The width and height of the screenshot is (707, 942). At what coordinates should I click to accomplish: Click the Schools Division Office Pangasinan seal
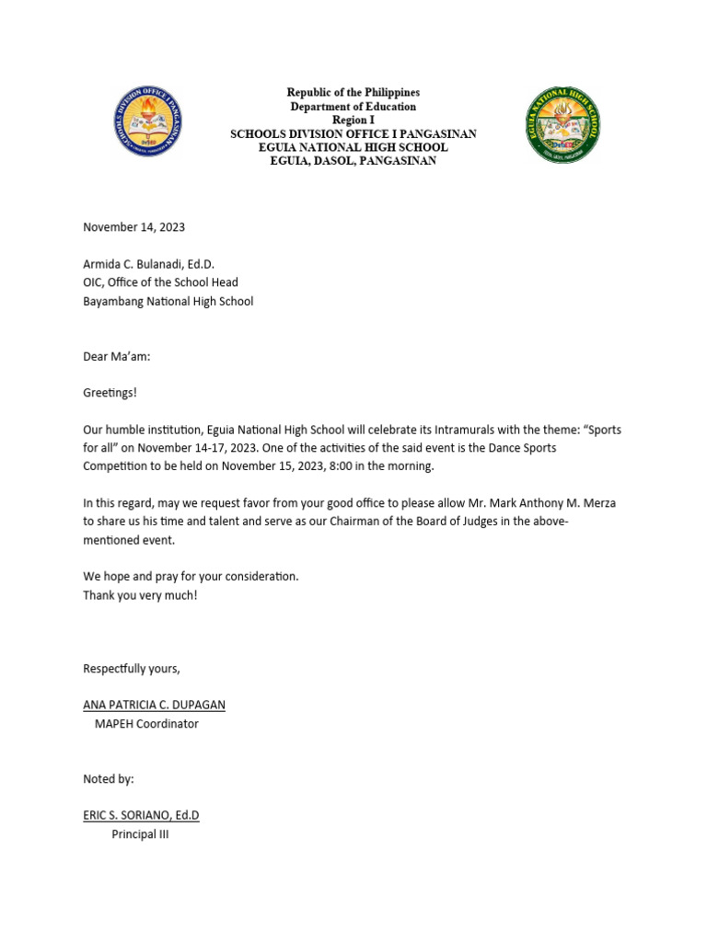tap(148, 124)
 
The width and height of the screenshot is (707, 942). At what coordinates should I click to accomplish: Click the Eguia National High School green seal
tap(562, 125)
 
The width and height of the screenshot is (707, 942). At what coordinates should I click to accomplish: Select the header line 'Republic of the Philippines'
tap(353, 93)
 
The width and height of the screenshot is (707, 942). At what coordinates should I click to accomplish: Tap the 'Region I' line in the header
tap(353, 121)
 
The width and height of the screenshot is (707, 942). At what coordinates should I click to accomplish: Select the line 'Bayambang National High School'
tap(168, 301)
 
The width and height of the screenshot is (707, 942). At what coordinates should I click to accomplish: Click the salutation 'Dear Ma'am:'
tap(116, 356)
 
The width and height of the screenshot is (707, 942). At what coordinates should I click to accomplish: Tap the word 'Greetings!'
tap(110, 393)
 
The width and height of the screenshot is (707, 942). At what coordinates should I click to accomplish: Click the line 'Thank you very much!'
tap(140, 594)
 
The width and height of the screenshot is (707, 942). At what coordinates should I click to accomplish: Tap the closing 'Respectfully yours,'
tap(132, 668)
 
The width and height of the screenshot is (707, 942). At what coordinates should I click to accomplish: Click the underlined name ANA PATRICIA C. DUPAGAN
tap(154, 705)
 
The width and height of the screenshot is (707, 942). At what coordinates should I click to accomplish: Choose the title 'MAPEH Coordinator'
tap(146, 723)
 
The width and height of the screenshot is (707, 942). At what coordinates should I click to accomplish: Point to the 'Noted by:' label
tap(109, 778)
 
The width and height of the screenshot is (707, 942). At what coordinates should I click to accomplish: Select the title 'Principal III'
tap(140, 834)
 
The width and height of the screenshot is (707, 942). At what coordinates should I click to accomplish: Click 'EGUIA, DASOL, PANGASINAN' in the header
tap(353, 161)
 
